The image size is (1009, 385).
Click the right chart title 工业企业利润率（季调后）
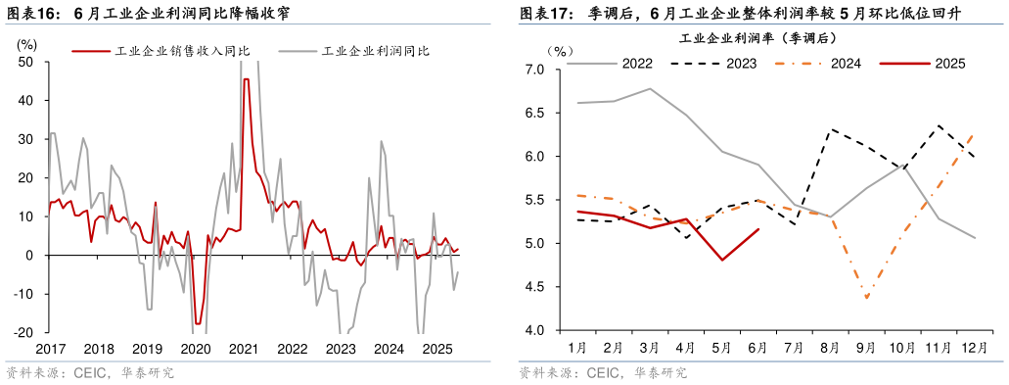(x=757, y=38)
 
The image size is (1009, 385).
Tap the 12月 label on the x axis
(x=974, y=348)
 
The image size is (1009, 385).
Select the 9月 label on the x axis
(x=866, y=348)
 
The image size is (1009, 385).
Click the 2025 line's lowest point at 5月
(x=722, y=260)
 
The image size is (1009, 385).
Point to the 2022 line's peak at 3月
(x=651, y=88)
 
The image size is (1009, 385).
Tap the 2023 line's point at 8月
(x=831, y=129)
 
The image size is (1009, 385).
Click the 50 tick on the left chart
(x=26, y=62)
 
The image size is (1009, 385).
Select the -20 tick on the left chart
(x=23, y=332)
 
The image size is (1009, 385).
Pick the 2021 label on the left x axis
(x=243, y=349)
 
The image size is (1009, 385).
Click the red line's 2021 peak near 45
(x=246, y=79)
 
